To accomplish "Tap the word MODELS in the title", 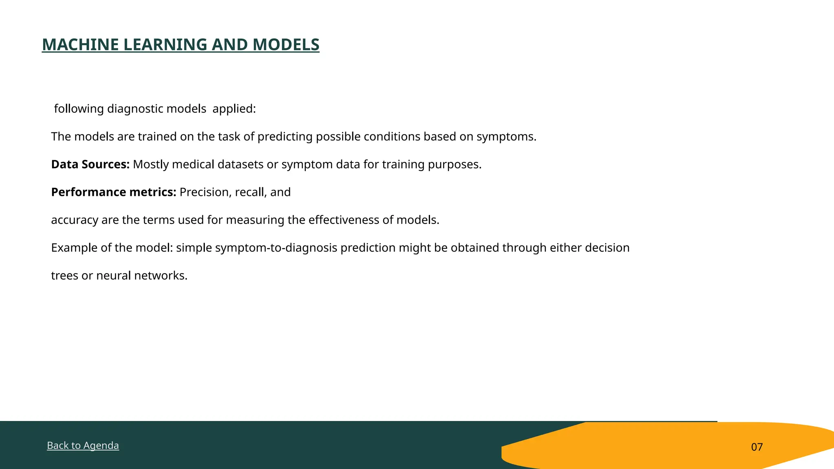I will pyautogui.click(x=286, y=45).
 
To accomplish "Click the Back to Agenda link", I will pyautogui.click(x=83, y=445).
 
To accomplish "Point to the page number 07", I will pyautogui.click(x=757, y=447).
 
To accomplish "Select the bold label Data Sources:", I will pyautogui.click(x=90, y=164).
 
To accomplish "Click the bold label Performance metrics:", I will pyautogui.click(x=113, y=192).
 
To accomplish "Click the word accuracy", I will pyautogui.click(x=75, y=220).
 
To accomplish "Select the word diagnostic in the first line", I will pyautogui.click(x=135, y=109).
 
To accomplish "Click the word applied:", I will pyautogui.click(x=234, y=109).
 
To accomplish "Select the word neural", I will pyautogui.click(x=113, y=276).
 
